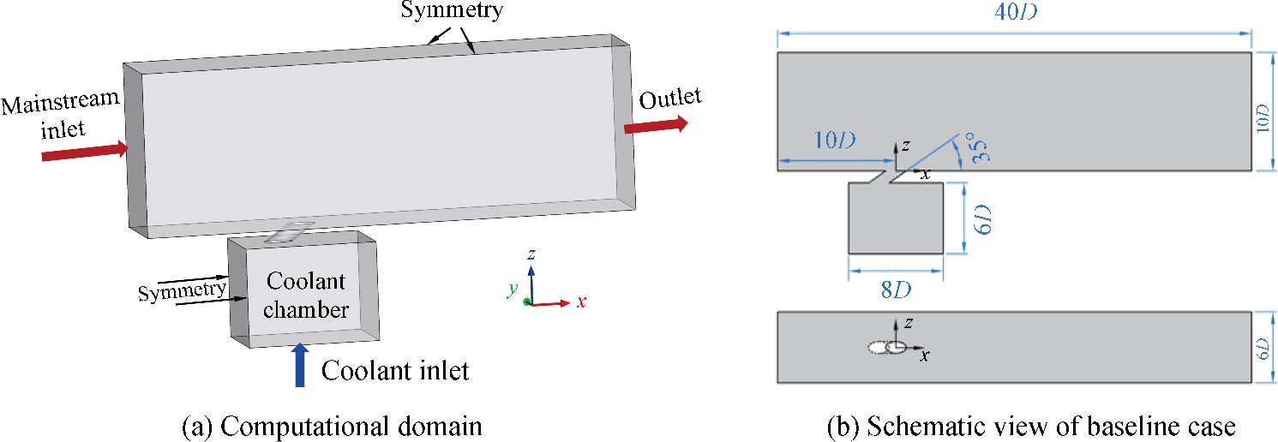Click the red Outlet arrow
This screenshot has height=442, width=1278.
point(656,125)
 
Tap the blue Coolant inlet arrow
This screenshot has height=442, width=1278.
point(299,364)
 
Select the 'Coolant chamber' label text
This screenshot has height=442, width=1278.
point(306,296)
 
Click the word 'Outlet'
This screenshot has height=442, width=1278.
point(669,99)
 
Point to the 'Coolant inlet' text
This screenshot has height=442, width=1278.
point(395,370)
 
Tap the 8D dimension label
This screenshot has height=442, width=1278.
point(897,290)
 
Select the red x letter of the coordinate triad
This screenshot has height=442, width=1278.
point(580,302)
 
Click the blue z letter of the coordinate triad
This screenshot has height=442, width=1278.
point(532,254)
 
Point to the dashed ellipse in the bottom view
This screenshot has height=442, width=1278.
point(879,348)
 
